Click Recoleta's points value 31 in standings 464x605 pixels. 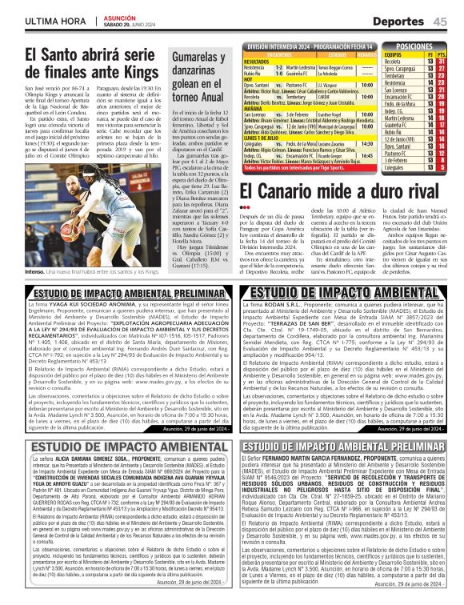(x=442, y=61)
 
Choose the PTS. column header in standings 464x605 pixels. (x=442, y=54)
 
